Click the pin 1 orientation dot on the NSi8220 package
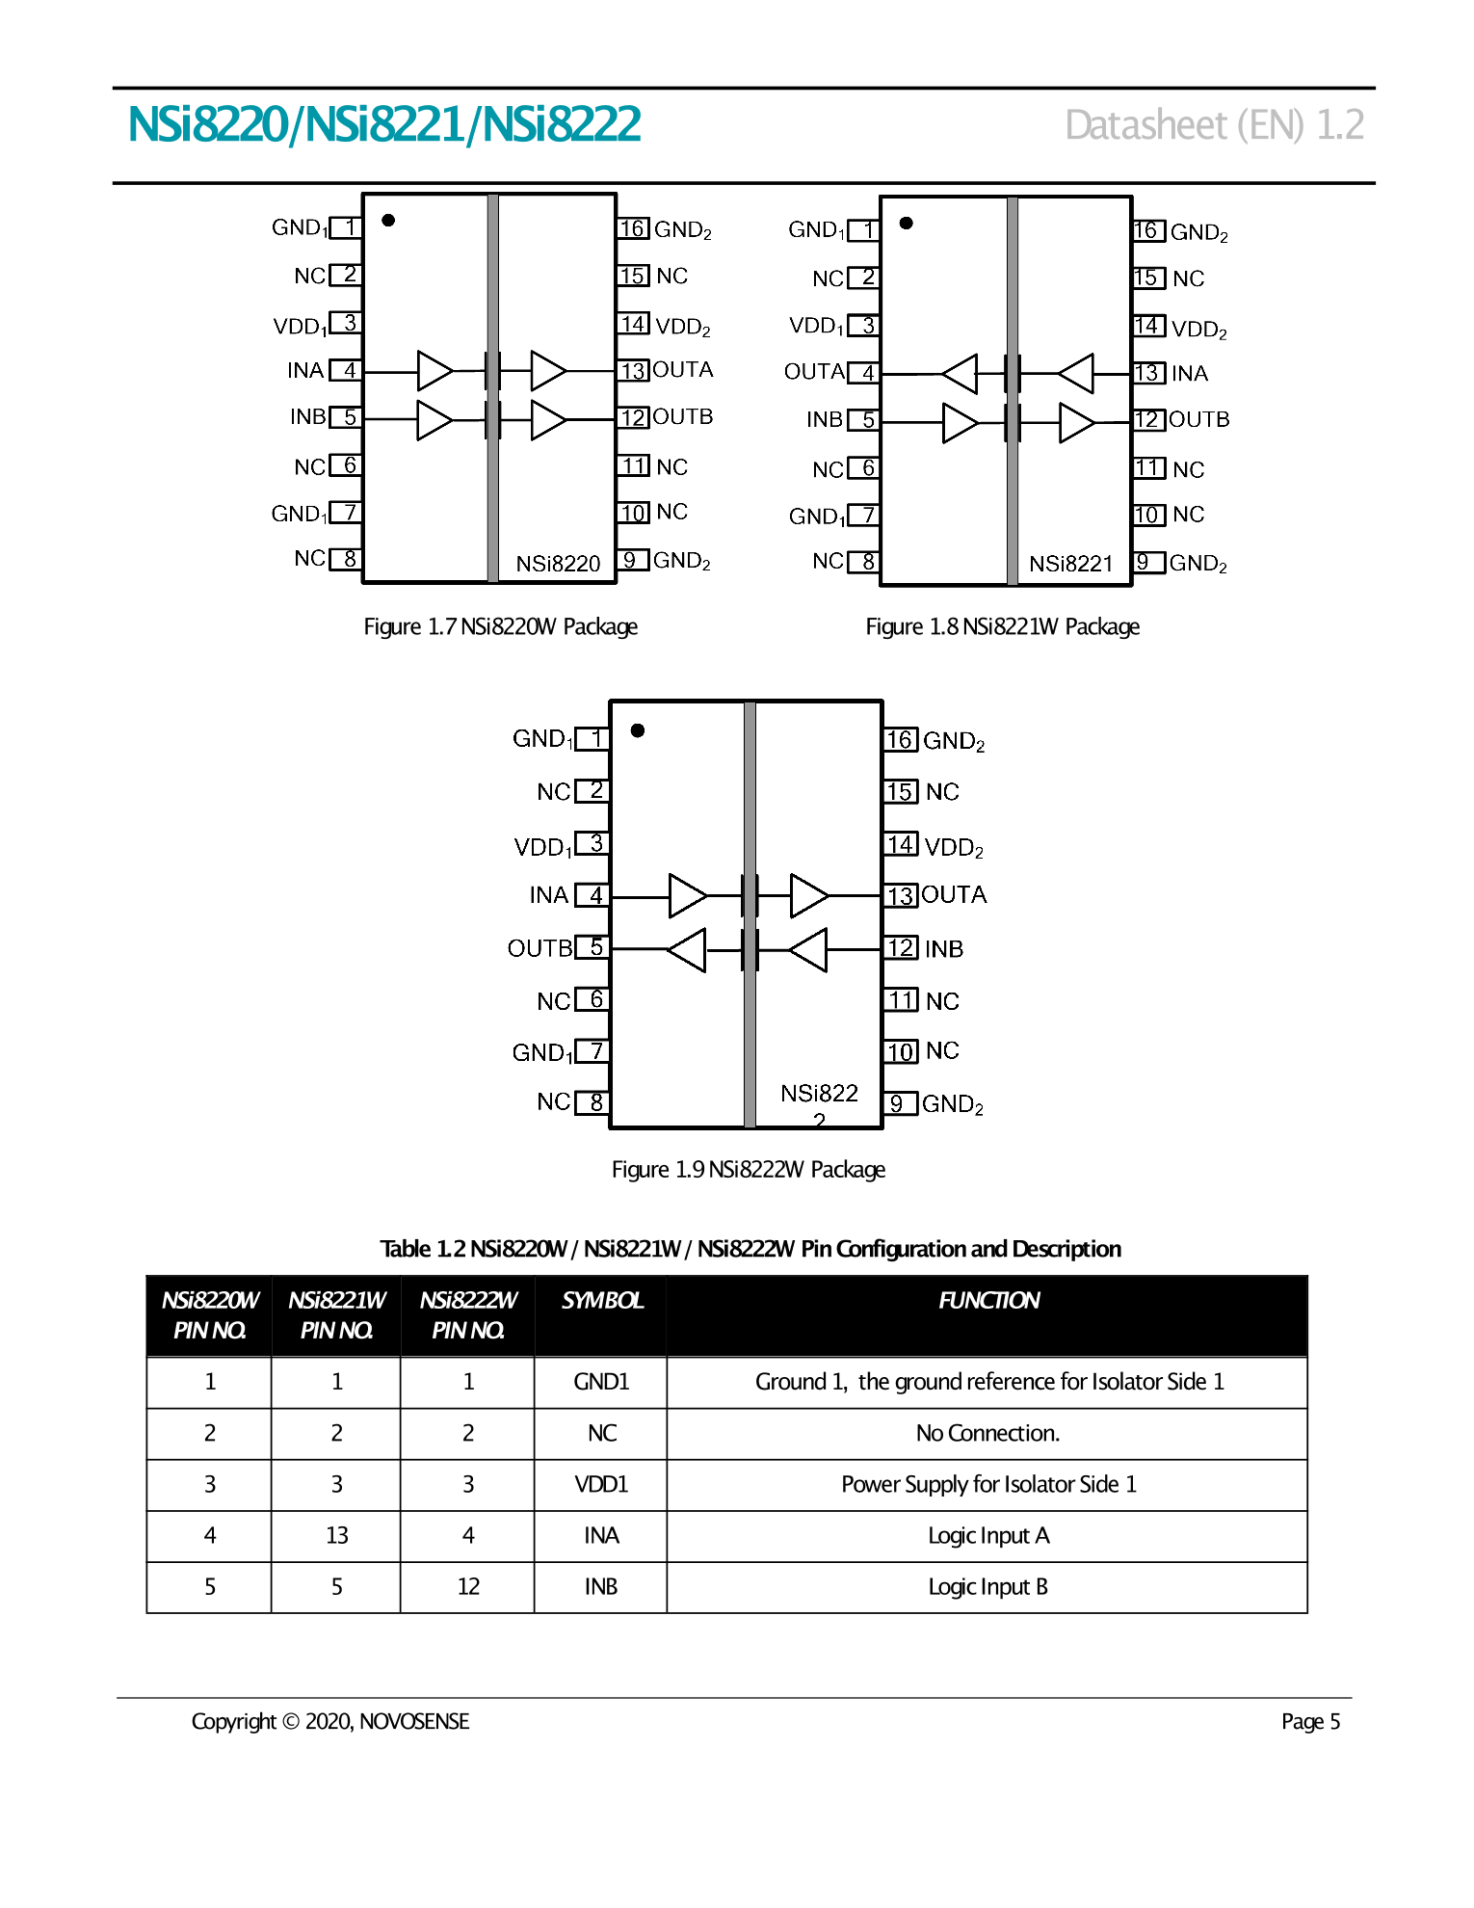point(388,221)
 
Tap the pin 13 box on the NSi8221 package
point(1146,373)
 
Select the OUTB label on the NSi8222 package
point(540,949)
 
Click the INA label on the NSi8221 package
point(1190,374)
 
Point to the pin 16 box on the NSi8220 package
point(632,228)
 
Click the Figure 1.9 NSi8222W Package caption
point(749,1170)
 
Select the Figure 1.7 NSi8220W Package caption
point(500,627)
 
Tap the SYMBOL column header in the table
point(601,1301)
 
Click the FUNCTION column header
point(988,1301)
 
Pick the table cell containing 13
point(336,1536)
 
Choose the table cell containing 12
point(468,1587)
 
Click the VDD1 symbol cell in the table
point(601,1485)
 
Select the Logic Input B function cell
point(987,1587)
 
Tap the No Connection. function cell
point(987,1434)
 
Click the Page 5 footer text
point(1310,1722)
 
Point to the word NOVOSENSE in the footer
point(414,1722)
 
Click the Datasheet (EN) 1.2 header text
point(1214,125)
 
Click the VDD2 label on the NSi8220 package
point(682,327)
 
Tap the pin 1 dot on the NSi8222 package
point(638,730)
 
